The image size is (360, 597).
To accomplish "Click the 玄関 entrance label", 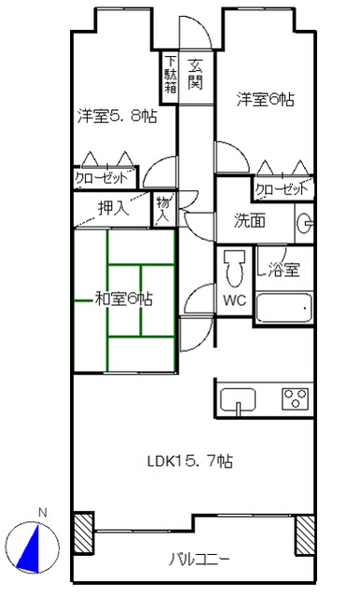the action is point(195,75).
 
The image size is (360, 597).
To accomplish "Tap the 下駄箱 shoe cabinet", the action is point(170,76).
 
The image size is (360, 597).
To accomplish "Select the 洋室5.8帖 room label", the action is point(118,116).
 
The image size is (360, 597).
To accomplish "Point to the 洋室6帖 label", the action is point(265,100).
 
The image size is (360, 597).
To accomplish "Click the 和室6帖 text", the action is point(124,298).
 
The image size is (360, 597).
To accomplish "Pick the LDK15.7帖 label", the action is point(190,462).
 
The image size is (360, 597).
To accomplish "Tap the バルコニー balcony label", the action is point(200,560).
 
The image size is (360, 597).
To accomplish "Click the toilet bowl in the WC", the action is point(234,269).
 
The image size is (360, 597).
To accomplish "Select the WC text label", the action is point(234,300).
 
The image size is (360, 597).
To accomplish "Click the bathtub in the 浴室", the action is point(284,308).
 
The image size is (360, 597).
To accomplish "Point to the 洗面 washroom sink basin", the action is point(305,223).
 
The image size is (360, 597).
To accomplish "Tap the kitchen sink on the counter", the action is point(238,400).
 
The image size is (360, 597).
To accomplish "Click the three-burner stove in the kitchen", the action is point(295,398).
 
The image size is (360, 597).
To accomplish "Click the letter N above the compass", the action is point(43,513).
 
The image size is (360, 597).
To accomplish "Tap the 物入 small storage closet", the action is point(164,210).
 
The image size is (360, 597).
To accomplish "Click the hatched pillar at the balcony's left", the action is point(83,533).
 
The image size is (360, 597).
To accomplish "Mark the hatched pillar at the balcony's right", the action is point(305,535).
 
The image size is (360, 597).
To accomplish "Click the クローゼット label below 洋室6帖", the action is point(282,188).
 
